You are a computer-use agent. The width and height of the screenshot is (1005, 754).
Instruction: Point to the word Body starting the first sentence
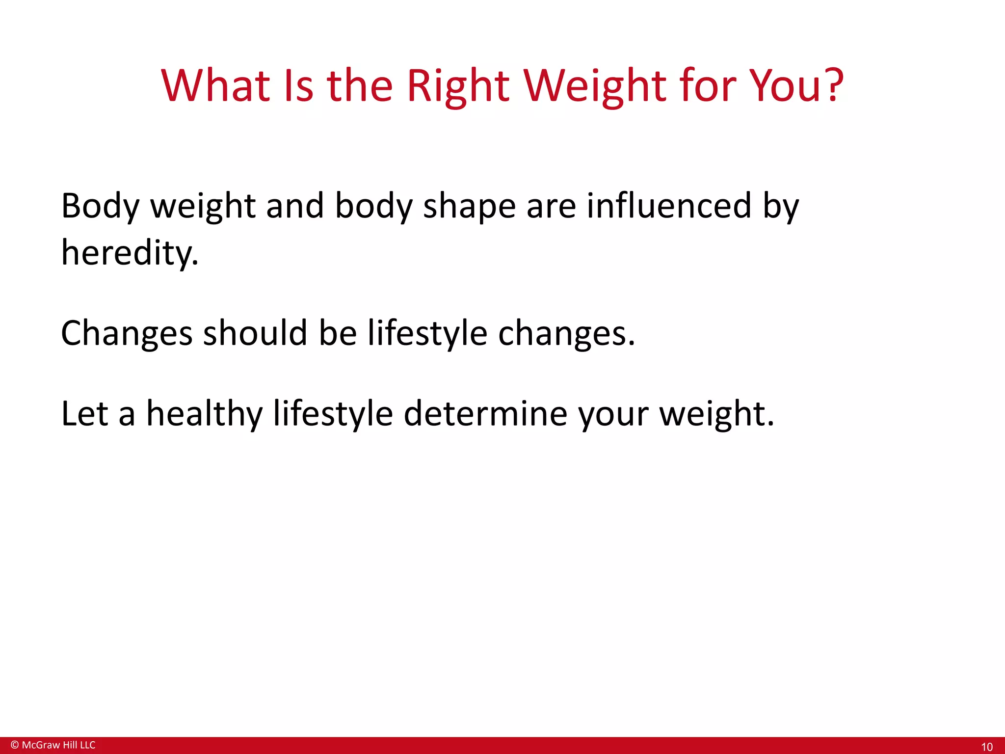pyautogui.click(x=100, y=206)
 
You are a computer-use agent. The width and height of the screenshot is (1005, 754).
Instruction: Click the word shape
pyautogui.click(x=469, y=206)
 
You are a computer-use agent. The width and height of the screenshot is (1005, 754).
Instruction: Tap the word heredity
pyautogui.click(x=129, y=253)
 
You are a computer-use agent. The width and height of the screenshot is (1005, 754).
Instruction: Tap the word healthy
pyautogui.click(x=204, y=413)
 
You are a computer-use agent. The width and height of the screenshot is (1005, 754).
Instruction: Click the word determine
pyautogui.click(x=485, y=413)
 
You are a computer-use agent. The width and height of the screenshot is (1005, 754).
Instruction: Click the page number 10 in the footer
pyautogui.click(x=986, y=747)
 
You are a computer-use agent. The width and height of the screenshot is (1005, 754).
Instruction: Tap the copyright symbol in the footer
pyautogui.click(x=15, y=745)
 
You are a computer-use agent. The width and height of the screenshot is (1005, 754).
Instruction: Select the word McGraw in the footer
pyautogui.click(x=41, y=745)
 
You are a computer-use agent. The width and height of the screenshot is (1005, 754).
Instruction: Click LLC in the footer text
pyautogui.click(x=87, y=745)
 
